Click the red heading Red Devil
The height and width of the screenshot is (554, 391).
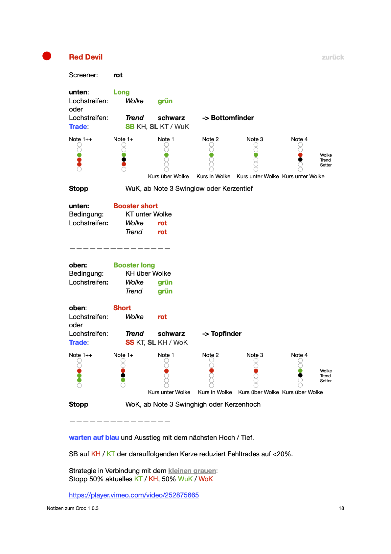click(86, 57)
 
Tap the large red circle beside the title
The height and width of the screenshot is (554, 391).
click(47, 56)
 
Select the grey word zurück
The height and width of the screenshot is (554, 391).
click(333, 57)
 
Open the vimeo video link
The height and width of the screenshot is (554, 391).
click(134, 495)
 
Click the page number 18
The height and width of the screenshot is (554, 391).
click(341, 508)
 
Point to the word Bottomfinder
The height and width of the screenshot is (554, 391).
click(232, 118)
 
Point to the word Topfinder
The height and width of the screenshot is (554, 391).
click(226, 334)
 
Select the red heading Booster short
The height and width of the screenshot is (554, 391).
click(135, 206)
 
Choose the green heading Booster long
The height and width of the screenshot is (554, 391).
click(134, 265)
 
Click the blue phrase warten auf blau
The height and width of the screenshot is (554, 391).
click(94, 438)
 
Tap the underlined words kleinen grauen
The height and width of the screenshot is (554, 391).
click(192, 471)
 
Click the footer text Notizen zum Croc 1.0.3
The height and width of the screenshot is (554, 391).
click(73, 508)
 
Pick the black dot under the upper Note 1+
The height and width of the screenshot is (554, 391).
click(124, 160)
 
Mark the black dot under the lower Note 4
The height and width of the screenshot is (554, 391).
click(300, 375)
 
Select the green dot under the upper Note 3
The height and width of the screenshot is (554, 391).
click(256, 155)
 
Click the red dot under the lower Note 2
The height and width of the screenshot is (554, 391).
click(212, 371)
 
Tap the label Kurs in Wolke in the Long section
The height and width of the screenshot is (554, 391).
click(213, 176)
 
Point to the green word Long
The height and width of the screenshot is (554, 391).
click(121, 92)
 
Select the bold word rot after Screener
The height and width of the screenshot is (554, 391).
click(118, 75)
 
